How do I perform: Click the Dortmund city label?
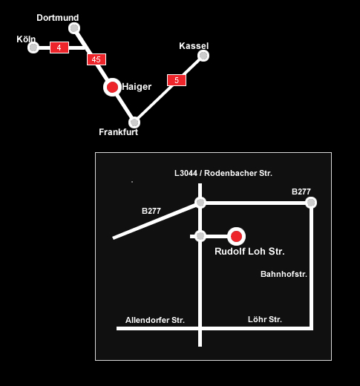(58, 18)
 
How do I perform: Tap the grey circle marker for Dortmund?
(74, 28)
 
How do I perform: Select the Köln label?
(26, 39)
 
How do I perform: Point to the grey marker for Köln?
(33, 48)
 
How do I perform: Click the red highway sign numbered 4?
(59, 48)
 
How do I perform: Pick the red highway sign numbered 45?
(96, 59)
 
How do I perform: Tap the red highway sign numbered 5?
(177, 80)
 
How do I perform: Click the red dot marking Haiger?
(112, 88)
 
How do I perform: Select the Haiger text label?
(137, 87)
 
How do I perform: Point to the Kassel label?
(194, 46)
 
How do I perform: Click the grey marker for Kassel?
(203, 56)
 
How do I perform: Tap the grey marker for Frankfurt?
(134, 122)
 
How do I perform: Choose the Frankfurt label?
(119, 132)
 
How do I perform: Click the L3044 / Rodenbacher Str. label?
(223, 173)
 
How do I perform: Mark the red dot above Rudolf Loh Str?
(236, 236)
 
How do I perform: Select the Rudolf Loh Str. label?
(249, 252)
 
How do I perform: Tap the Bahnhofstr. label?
(284, 274)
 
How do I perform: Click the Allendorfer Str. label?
(155, 320)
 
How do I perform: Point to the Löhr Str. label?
(265, 319)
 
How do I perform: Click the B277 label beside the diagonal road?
(151, 211)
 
